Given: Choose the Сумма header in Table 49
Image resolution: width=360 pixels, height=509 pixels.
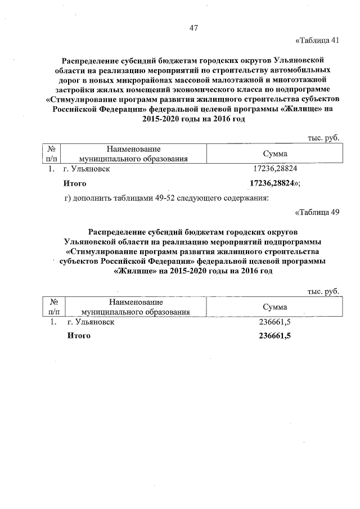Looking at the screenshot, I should coord(275,307).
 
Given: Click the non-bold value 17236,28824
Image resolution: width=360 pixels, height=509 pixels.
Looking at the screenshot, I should coord(275,169).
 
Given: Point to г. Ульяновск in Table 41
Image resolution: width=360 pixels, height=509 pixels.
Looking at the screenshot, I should coord(91,169).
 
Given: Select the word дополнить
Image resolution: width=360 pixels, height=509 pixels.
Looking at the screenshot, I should coord(94,197).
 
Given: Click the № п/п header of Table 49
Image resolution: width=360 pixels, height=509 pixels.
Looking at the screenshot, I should coord(55,307).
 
